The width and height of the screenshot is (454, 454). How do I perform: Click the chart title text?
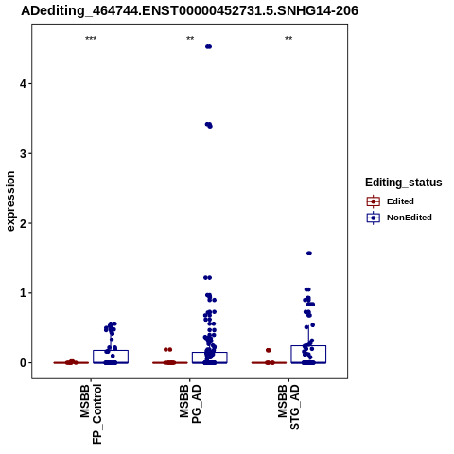189,11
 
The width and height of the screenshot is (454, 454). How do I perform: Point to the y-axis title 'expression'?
10,201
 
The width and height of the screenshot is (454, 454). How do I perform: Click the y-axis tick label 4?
23,84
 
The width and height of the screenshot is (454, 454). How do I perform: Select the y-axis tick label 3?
23,153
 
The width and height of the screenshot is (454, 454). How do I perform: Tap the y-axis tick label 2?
23,223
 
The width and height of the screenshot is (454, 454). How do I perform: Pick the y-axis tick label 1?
23,293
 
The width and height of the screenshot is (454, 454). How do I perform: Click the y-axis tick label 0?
23,363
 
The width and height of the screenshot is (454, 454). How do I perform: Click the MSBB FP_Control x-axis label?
91,414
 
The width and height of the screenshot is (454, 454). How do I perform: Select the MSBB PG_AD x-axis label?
190,404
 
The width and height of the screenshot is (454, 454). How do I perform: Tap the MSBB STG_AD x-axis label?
288,407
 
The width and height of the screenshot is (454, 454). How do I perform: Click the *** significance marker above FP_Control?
91,39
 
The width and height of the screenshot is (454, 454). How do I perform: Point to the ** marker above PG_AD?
190,39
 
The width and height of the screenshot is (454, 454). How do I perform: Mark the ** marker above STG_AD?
288,39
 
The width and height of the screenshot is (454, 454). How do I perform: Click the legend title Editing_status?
404,183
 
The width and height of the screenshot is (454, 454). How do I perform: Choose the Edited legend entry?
391,201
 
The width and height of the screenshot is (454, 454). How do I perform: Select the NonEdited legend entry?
399,218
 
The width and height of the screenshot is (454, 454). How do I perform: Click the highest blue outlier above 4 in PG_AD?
208,46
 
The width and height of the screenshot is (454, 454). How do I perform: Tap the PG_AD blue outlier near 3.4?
209,125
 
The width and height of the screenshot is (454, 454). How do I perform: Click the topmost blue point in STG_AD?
309,253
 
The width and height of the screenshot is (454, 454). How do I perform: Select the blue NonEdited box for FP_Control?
111,357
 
